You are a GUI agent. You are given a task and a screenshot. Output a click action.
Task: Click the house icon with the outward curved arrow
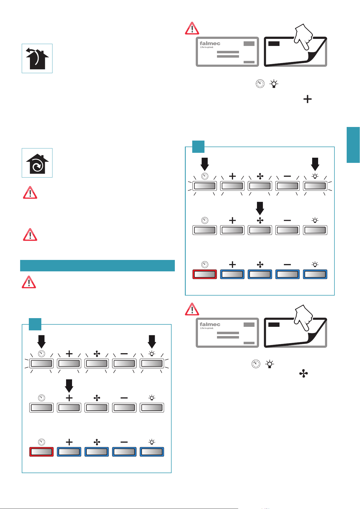[37, 58]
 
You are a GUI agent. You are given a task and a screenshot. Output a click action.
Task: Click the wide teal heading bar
[97, 266]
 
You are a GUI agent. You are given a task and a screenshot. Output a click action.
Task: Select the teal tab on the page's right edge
[353, 145]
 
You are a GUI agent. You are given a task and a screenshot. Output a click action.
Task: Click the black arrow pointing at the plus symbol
[69, 386]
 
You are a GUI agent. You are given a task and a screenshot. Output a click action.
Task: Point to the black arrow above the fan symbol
[260, 208]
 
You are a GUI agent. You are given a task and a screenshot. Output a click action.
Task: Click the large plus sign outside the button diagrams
[308, 99]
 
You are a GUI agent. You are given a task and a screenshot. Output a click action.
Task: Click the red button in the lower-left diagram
[41, 452]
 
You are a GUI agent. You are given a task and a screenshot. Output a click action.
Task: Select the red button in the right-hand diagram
[205, 274]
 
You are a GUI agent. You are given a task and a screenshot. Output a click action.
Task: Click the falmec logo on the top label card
[210, 44]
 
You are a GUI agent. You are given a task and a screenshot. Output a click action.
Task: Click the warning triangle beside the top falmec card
[192, 28]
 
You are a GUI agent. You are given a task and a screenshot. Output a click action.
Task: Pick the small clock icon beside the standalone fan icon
[256, 364]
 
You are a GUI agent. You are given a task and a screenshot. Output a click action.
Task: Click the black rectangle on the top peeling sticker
[274, 44]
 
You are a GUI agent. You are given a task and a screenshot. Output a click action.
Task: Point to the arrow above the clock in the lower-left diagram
[41, 342]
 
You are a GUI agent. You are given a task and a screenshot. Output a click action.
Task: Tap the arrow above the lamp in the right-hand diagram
[315, 164]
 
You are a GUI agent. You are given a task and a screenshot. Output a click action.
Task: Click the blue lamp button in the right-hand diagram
[315, 274]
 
